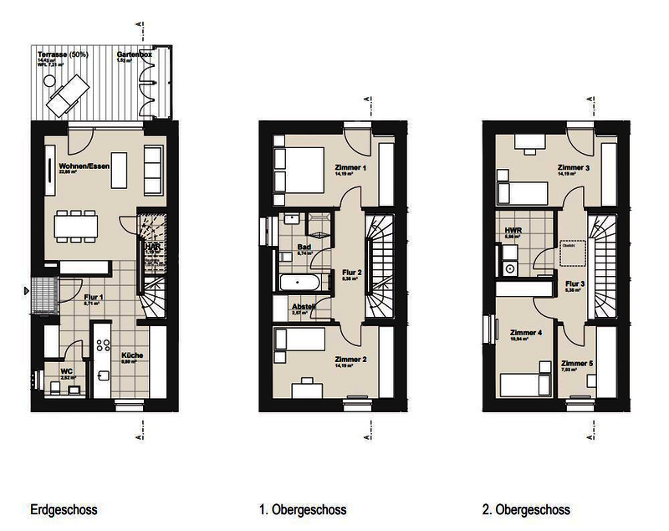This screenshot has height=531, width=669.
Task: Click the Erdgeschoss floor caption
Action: pyautogui.click(x=64, y=509)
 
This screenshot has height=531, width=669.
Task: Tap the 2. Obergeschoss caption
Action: pyautogui.click(x=526, y=509)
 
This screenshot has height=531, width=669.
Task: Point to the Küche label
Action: pyautogui.click(x=131, y=355)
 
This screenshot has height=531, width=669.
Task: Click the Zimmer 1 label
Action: pyautogui.click(x=350, y=167)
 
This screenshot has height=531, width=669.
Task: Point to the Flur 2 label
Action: pyautogui.click(x=350, y=273)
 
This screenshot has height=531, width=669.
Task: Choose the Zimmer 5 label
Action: pyautogui.click(x=577, y=364)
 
